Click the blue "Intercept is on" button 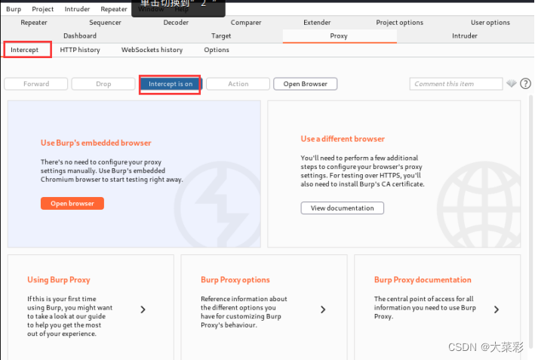point(171,84)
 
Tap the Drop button point(103,84)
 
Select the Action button point(238,84)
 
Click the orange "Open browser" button point(72,203)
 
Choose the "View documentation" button point(343,208)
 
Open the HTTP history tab point(80,50)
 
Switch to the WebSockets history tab point(152,50)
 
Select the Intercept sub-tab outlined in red point(25,50)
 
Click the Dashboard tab point(80,35)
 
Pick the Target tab point(221,35)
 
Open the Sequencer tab point(105,23)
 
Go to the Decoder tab point(176,23)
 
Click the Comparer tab point(246,23)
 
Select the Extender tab point(317,23)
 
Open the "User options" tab point(490,23)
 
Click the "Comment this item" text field point(456,84)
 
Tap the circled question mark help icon point(525,84)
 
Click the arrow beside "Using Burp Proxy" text point(143,309)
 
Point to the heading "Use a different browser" point(343,139)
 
